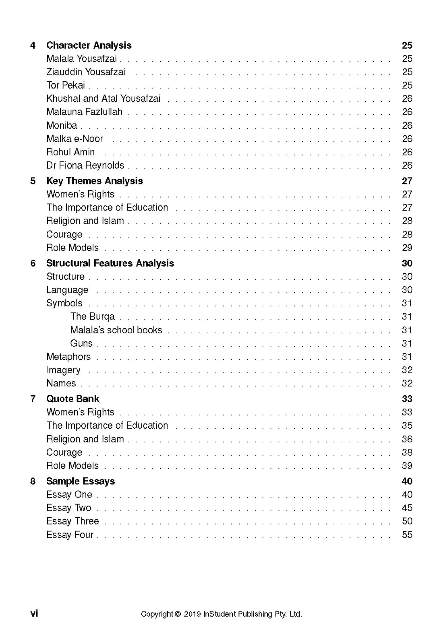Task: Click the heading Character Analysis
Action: pos(89,45)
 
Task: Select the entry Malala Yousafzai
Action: pos(81,59)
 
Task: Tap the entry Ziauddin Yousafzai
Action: pos(86,72)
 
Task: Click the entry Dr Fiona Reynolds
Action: pos(85,165)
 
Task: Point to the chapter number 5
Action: pos(33,181)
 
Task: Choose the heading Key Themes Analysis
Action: pos(94,181)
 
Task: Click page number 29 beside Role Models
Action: pos(407,248)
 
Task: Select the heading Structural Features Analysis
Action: pos(110,263)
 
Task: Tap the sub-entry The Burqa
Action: pos(92,317)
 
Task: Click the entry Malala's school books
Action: pos(116,330)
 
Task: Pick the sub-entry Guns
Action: pos(81,343)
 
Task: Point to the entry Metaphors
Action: pos(68,357)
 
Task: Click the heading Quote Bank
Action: pos(72,399)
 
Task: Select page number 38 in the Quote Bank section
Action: pos(407,452)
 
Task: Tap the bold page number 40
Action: pos(407,481)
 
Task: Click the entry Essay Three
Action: pos(72,521)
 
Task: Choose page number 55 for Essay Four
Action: pos(407,535)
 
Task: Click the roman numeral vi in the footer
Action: pos(34,614)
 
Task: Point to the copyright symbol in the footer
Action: pos(178,614)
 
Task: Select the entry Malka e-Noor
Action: pos(75,139)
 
